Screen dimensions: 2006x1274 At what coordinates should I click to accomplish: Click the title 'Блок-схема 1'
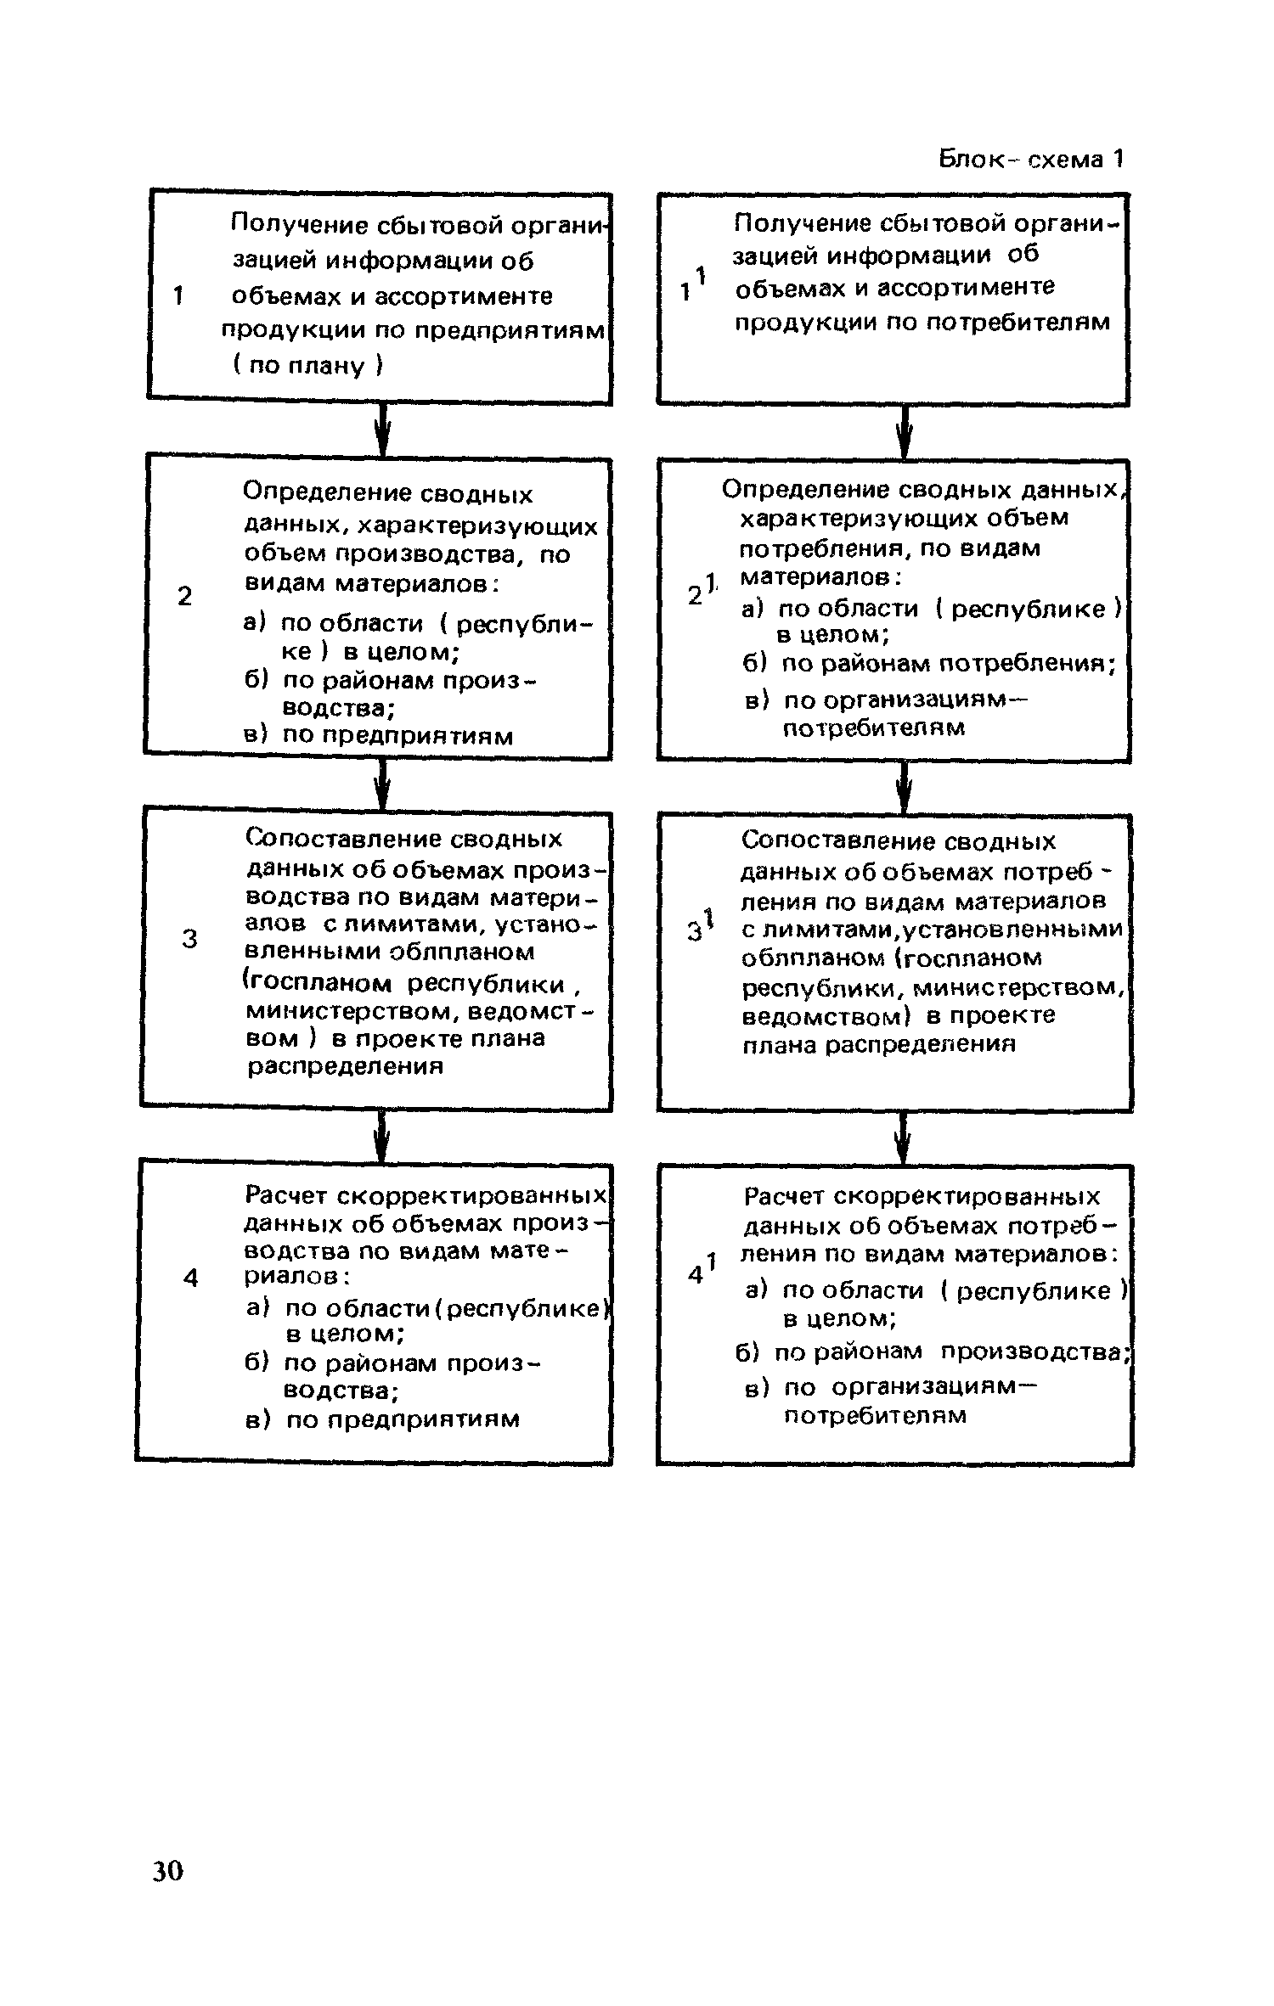pos(1031,159)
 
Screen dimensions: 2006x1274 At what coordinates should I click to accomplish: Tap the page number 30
pos(167,1870)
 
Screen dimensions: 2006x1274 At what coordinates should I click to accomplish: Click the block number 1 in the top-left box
pos(178,296)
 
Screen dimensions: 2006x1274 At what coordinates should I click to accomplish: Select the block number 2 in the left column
pos(185,596)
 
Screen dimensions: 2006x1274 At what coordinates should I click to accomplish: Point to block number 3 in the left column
pos(190,939)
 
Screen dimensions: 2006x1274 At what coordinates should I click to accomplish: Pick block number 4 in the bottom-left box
pos(190,1278)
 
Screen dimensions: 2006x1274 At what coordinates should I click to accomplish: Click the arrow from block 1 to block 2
pos(383,430)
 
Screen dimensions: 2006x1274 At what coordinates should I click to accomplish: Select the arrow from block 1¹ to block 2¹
pos(905,432)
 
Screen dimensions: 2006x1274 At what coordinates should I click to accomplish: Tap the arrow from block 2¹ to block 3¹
pos(905,787)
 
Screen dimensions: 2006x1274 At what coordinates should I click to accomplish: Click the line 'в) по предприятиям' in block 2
pos(379,734)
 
